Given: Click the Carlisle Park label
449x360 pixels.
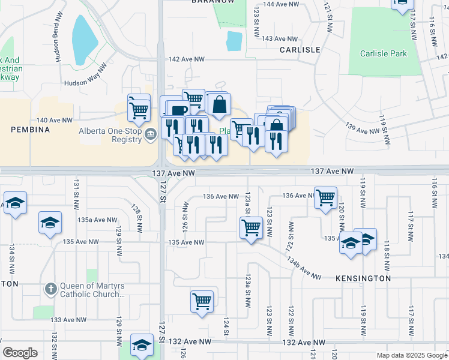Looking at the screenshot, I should tap(384, 53).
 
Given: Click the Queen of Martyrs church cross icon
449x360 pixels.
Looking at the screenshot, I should tap(51, 289).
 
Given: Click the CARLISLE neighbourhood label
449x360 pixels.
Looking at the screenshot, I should tap(300, 50).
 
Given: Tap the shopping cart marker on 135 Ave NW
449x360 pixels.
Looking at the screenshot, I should tap(251, 227).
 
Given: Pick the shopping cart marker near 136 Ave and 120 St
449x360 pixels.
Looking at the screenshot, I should tap(325, 197).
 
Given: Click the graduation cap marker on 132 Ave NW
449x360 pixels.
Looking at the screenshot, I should tap(142, 344).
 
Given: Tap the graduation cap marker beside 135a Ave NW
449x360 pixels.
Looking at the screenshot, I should tap(50, 223).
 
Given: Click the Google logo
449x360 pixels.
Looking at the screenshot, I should tap(20, 353).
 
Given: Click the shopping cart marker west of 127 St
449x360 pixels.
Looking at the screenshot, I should tap(139, 109).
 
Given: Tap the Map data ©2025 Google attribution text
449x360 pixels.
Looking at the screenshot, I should tap(411, 355).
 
